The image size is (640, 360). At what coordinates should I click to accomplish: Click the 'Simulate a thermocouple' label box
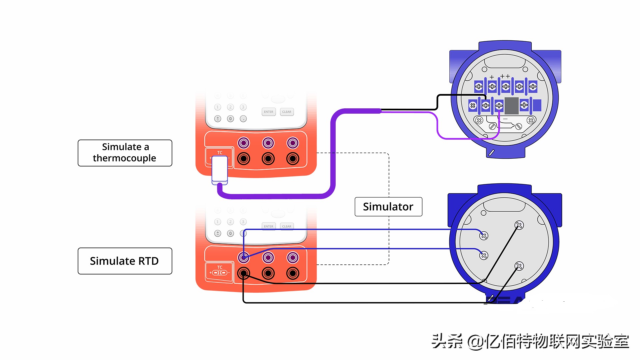coord(125,153)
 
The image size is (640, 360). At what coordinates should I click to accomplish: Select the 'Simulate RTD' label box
coord(125,261)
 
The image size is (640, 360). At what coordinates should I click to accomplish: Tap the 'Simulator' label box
coord(388,207)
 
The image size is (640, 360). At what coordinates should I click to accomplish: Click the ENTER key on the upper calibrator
coord(268,112)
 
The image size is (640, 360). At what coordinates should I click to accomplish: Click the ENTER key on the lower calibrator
coord(268,226)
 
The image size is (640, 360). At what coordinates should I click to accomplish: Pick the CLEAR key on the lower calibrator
coord(287,226)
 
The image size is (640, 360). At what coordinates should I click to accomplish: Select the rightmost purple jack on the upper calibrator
coord(293,143)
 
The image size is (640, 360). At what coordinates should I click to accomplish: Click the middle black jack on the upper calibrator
coord(268,159)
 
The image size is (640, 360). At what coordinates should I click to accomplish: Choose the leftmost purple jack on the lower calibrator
coord(244,257)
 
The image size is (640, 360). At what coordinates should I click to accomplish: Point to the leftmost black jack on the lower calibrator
coord(244,273)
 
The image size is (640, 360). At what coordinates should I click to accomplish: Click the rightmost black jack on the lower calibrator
coord(293,273)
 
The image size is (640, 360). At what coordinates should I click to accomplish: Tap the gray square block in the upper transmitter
coord(511,106)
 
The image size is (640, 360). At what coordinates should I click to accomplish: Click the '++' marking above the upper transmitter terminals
coord(505,76)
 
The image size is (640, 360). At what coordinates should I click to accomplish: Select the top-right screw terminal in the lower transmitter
coord(519,225)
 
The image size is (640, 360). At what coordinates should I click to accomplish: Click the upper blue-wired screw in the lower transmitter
coord(484,236)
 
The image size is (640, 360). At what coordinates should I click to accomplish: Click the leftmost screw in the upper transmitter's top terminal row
coord(479,87)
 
